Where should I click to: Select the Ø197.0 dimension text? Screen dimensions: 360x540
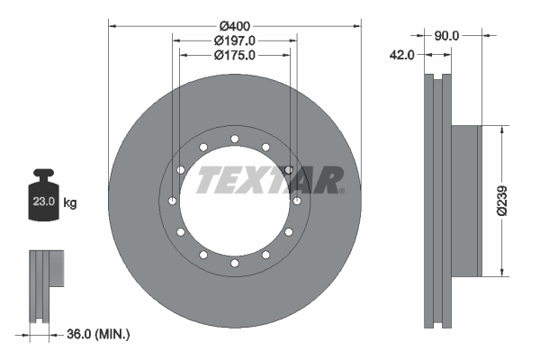234,40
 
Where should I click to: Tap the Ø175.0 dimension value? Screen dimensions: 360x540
234,55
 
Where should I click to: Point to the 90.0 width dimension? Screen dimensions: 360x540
446,35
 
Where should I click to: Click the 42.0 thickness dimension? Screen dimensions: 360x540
401,55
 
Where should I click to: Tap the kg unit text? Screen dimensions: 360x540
70,203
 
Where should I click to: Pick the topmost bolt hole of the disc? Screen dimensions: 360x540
234,139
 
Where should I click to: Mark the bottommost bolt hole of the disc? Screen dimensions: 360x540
234,263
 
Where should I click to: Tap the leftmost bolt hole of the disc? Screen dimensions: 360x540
172,201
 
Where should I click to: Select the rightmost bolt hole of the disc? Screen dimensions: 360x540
296,201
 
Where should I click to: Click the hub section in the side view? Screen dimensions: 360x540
466,200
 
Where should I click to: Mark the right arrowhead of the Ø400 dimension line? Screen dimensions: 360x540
355,25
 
